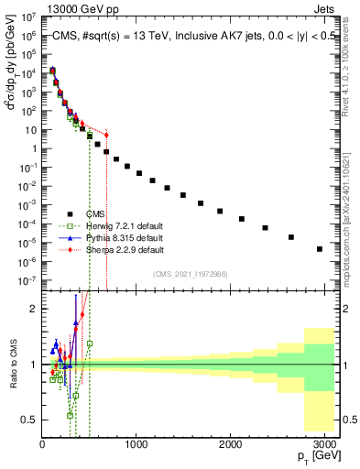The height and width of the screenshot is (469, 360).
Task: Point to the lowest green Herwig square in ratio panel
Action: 70,415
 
